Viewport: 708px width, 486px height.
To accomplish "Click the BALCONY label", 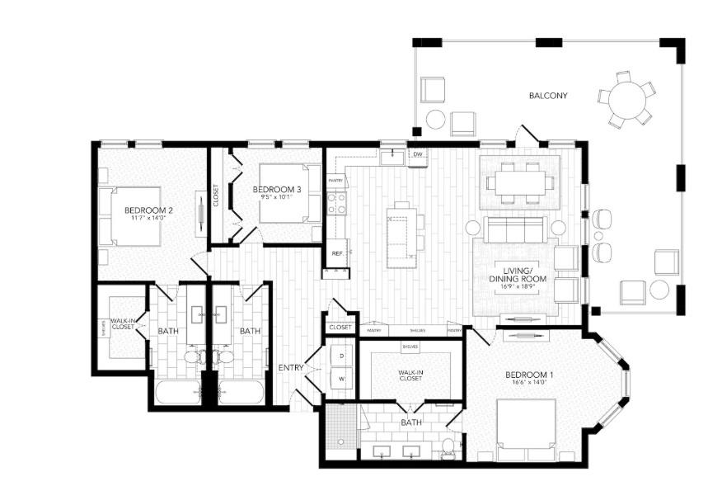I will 548,96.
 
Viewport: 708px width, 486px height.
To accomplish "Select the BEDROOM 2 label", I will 148,210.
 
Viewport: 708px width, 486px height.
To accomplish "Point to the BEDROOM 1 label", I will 529,375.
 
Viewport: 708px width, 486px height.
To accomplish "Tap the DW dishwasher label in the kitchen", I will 418,153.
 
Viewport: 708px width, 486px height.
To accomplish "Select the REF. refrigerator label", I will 336,253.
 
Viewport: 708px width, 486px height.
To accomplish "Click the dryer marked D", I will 342,356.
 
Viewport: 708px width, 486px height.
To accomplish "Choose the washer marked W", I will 342,379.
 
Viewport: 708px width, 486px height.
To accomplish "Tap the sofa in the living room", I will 513,229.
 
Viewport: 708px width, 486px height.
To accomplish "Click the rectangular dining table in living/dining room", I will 519,182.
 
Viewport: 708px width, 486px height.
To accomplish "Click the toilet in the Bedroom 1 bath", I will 448,448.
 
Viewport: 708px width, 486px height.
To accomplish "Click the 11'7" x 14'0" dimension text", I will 148,219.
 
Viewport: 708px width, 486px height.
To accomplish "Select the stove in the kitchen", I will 336,203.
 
